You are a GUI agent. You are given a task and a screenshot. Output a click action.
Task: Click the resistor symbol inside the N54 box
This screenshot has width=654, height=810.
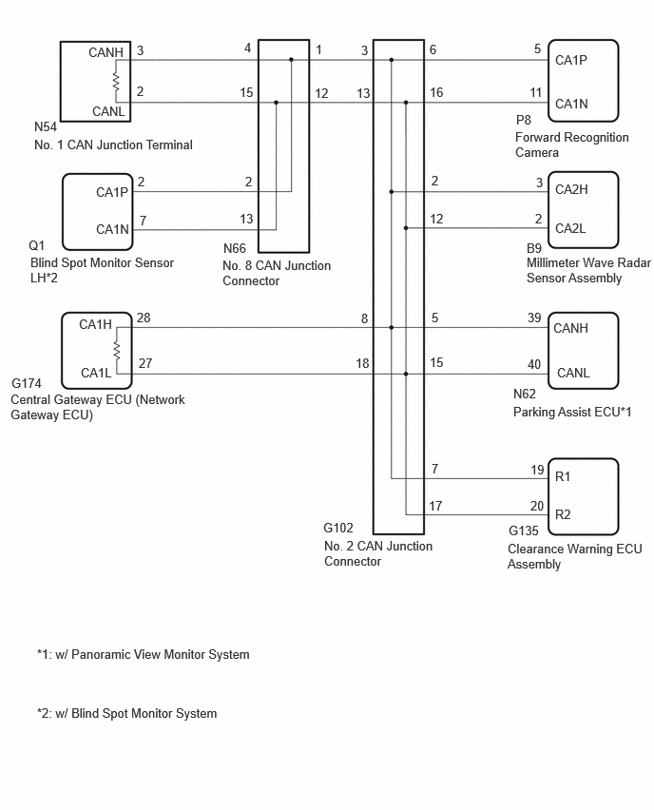[116, 82]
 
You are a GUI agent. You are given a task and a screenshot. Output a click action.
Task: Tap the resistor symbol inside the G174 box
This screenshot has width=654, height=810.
[117, 350]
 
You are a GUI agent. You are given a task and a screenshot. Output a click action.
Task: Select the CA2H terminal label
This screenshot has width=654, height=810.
[571, 189]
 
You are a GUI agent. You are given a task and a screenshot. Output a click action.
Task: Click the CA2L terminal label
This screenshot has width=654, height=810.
[570, 228]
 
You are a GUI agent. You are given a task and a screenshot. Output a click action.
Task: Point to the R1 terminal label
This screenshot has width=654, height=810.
[563, 476]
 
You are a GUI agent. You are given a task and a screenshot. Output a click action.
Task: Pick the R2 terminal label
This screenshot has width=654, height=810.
[563, 514]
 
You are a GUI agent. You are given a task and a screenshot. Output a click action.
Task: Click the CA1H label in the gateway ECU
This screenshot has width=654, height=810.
[96, 324]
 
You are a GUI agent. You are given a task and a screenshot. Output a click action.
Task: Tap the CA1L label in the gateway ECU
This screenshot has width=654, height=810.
[96, 373]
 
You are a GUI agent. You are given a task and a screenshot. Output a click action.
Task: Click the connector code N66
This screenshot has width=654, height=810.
[235, 248]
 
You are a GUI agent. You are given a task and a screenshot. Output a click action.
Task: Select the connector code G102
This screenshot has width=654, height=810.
[338, 528]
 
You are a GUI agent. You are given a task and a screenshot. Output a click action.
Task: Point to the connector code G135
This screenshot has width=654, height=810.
[524, 530]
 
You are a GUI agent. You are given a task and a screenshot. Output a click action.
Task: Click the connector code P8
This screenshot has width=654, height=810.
[524, 120]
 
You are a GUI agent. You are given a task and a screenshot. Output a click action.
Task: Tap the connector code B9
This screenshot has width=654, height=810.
[534, 248]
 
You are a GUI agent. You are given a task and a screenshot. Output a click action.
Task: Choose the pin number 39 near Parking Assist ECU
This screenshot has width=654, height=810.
[534, 318]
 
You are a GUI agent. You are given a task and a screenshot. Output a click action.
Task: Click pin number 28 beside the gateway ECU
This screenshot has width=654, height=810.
[144, 318]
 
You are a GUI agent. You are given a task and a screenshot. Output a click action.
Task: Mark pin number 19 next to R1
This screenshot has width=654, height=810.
[537, 470]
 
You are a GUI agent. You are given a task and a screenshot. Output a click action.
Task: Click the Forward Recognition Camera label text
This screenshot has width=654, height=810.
[572, 145]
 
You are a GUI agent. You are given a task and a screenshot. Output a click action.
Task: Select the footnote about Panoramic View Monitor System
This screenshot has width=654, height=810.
[144, 654]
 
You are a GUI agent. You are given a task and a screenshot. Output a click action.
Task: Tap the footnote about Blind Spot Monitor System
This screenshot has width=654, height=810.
[127, 713]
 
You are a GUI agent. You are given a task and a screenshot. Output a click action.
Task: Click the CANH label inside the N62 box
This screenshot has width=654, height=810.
[571, 328]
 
